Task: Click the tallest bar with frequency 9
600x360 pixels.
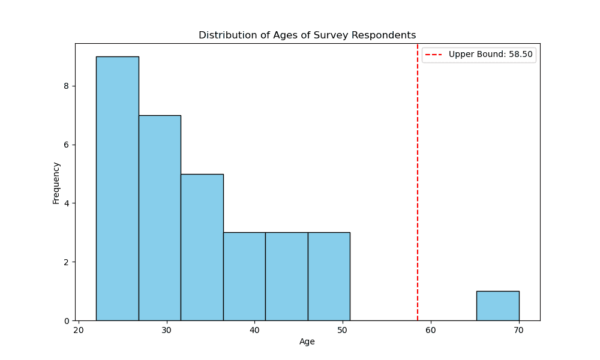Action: pyautogui.click(x=117, y=188)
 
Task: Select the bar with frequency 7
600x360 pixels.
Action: pyautogui.click(x=160, y=218)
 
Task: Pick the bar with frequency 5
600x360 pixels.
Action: pyautogui.click(x=202, y=247)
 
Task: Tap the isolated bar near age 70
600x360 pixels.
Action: pyautogui.click(x=497, y=306)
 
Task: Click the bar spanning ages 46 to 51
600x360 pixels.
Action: pyautogui.click(x=329, y=276)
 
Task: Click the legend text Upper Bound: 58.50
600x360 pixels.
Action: pyautogui.click(x=490, y=55)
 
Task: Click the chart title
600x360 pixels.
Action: pyautogui.click(x=307, y=35)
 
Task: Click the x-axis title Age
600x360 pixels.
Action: pyautogui.click(x=307, y=342)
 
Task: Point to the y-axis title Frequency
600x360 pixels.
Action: pyautogui.click(x=56, y=182)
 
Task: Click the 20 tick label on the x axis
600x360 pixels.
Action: pyautogui.click(x=79, y=330)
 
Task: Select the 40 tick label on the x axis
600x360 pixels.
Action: pyautogui.click(x=254, y=330)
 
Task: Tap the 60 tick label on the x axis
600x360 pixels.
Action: pyautogui.click(x=431, y=330)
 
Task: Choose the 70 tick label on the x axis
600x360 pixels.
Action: pyautogui.click(x=518, y=330)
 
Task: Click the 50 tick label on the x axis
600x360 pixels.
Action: pyautogui.click(x=343, y=330)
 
